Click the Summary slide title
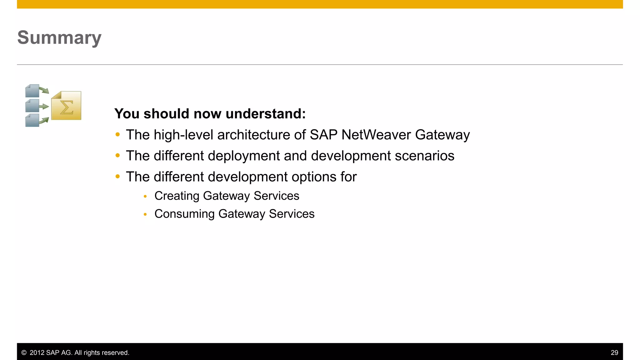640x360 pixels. [x=59, y=38]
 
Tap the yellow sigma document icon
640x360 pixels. [x=66, y=106]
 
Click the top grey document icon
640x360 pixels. [x=32, y=91]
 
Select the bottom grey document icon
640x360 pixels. [x=32, y=120]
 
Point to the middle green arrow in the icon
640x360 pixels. [x=44, y=106]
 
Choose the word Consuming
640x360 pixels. [x=184, y=214]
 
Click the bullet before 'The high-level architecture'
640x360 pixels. [x=117, y=135]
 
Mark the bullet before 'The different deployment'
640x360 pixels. [x=117, y=156]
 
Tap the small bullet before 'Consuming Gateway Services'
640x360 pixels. [x=145, y=214]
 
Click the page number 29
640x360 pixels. [x=614, y=353]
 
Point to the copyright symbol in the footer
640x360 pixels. [x=24, y=353]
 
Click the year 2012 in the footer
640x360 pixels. [x=37, y=353]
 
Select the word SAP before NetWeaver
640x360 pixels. [x=323, y=135]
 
